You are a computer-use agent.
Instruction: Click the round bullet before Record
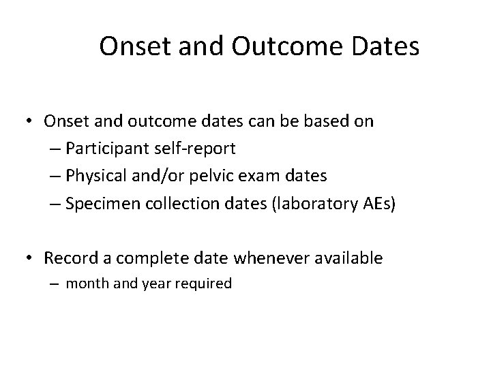point(31,259)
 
